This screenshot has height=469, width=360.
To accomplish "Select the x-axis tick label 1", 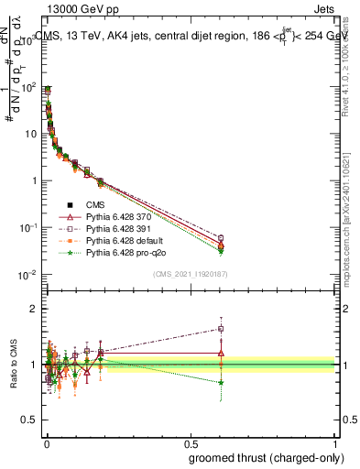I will point(336,442).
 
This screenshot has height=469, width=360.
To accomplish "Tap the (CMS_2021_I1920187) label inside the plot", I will point(190,272).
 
